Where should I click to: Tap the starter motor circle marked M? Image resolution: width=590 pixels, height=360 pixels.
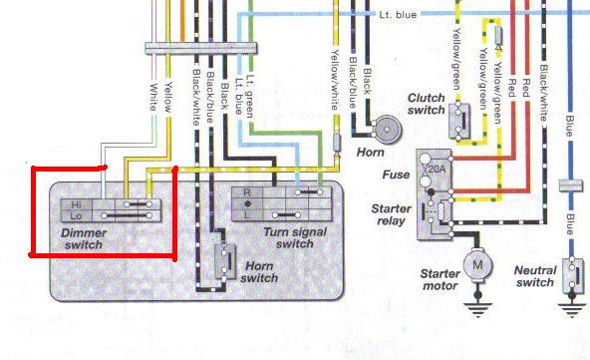pyautogui.click(x=477, y=265)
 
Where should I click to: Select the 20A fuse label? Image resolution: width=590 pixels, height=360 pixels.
pyautogui.click(x=437, y=170)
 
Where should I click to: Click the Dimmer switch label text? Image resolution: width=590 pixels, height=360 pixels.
pyautogui.click(x=84, y=238)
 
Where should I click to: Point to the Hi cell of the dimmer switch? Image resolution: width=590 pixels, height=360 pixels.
pyautogui.click(x=77, y=204)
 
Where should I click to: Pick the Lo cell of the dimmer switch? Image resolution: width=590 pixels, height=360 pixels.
pyautogui.click(x=77, y=215)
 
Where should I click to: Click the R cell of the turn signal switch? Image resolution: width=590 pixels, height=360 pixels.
pyautogui.click(x=247, y=192)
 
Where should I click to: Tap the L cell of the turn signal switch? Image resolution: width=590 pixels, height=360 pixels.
pyautogui.click(x=247, y=215)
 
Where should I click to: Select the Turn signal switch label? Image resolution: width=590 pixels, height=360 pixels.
pyautogui.click(x=295, y=238)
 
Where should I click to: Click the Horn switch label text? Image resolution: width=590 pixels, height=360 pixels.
pyautogui.click(x=260, y=272)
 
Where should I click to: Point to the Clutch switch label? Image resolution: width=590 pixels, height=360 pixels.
pyautogui.click(x=427, y=104)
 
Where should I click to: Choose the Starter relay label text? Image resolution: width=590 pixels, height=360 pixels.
pyautogui.click(x=392, y=214)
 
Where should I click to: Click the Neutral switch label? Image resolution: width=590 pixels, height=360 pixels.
pyautogui.click(x=535, y=276)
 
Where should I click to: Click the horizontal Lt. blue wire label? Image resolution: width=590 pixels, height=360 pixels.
pyautogui.click(x=398, y=15)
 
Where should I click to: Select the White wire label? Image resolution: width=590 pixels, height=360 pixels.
pyautogui.click(x=153, y=97)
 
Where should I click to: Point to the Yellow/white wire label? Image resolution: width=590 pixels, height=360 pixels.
pyautogui.click(x=335, y=80)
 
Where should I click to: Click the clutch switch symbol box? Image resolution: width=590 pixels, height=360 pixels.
pyautogui.click(x=459, y=121)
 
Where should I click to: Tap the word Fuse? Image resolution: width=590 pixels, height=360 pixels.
pyautogui.click(x=396, y=175)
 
